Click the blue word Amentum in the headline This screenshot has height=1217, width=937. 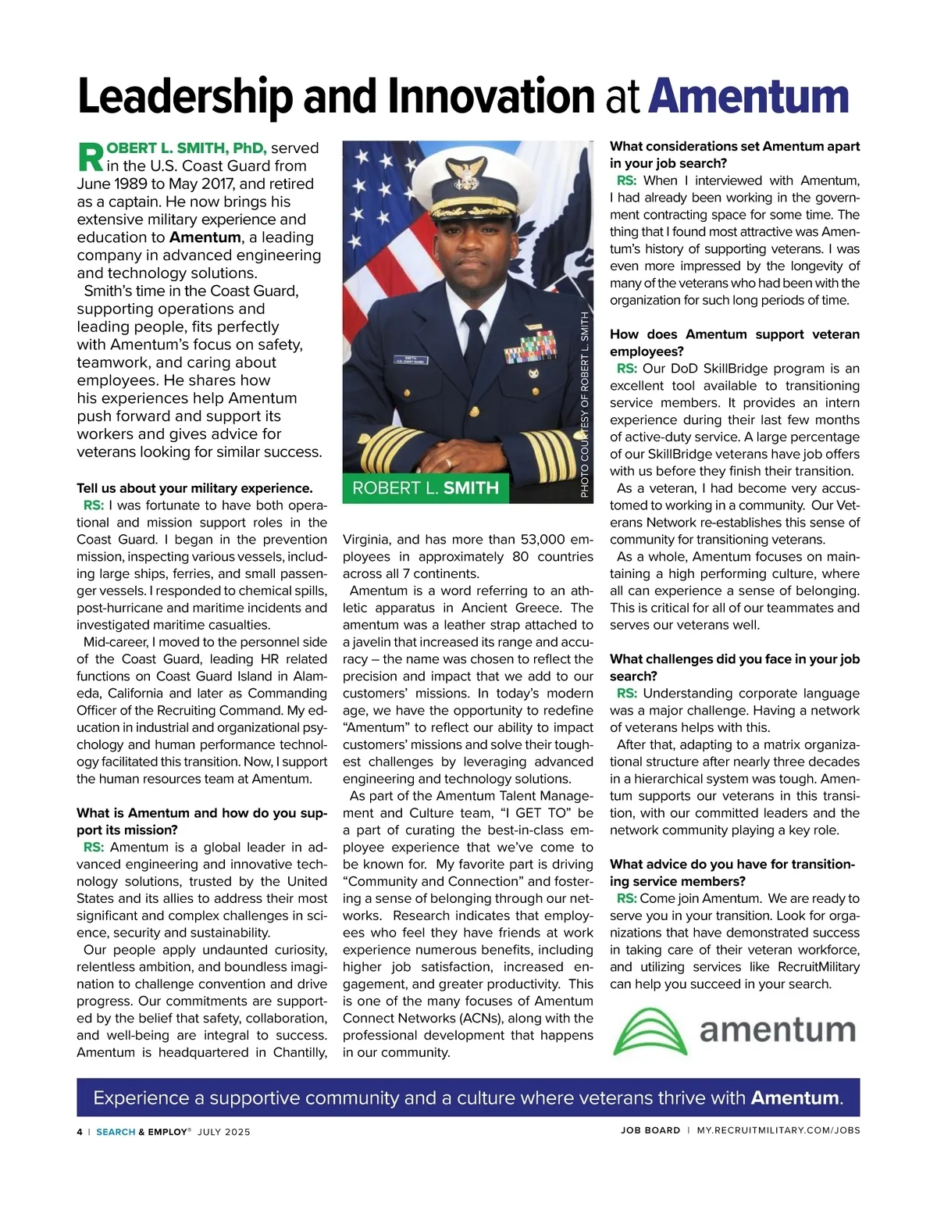pos(748,97)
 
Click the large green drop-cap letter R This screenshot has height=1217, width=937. pos(91,157)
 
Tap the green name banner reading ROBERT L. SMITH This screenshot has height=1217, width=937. pos(426,488)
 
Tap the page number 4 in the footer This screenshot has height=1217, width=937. pos(80,1131)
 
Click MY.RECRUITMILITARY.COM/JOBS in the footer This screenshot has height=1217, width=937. pos(778,1130)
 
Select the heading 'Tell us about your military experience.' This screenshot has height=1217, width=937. pos(194,488)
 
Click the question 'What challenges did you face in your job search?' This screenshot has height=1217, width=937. pos(734,667)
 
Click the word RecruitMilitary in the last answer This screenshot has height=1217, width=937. pos(818,967)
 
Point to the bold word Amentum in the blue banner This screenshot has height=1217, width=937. pos(795,1097)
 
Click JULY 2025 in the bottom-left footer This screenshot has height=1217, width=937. pos(224,1132)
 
